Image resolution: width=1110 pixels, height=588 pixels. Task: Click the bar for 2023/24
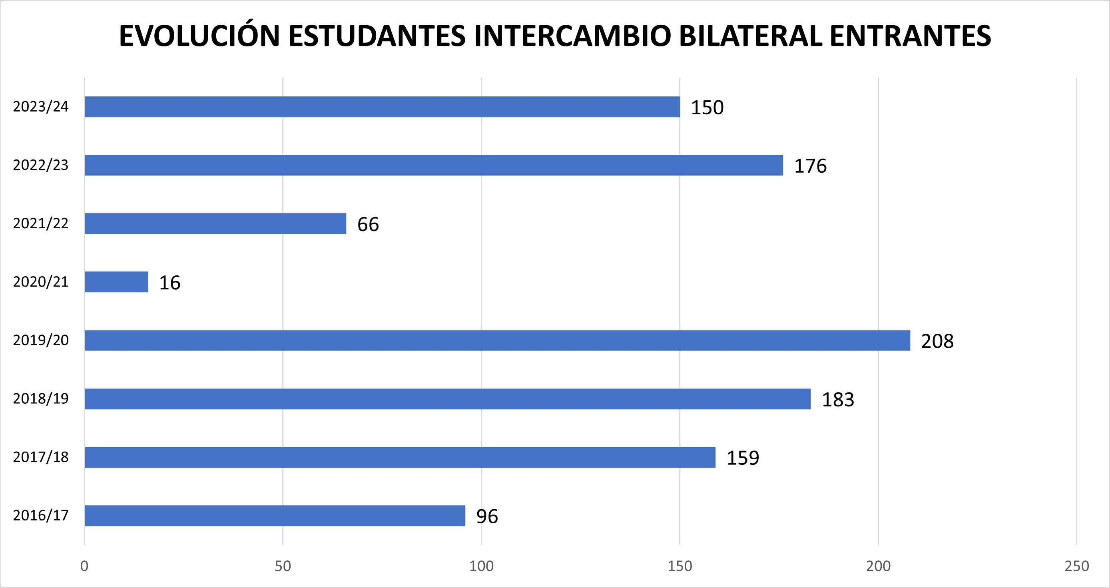click(x=382, y=107)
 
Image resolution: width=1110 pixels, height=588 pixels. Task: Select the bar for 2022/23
click(x=434, y=165)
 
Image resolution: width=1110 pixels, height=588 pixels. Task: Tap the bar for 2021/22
click(x=215, y=223)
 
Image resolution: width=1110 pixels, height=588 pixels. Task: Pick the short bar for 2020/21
click(x=116, y=282)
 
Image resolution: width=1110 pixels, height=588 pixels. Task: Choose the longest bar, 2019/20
click(x=497, y=340)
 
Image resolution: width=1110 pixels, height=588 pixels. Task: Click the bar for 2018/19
click(x=448, y=399)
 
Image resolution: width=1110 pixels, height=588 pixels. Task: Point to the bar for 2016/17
click(x=275, y=516)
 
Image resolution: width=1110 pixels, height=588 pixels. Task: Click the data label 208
click(x=937, y=341)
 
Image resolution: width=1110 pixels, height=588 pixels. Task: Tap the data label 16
click(x=170, y=283)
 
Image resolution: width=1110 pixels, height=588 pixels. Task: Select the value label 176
click(x=810, y=166)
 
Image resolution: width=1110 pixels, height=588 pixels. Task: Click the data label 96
click(x=487, y=516)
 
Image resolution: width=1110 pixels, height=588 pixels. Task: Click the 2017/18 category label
click(x=41, y=457)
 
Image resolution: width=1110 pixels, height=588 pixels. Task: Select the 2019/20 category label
click(x=41, y=340)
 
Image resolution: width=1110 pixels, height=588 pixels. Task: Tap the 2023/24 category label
click(x=41, y=106)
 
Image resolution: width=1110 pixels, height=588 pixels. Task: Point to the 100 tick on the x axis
click(x=481, y=566)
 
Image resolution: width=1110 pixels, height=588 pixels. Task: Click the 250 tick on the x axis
click(x=1076, y=566)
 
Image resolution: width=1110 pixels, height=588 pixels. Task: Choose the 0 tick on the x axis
click(x=84, y=566)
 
